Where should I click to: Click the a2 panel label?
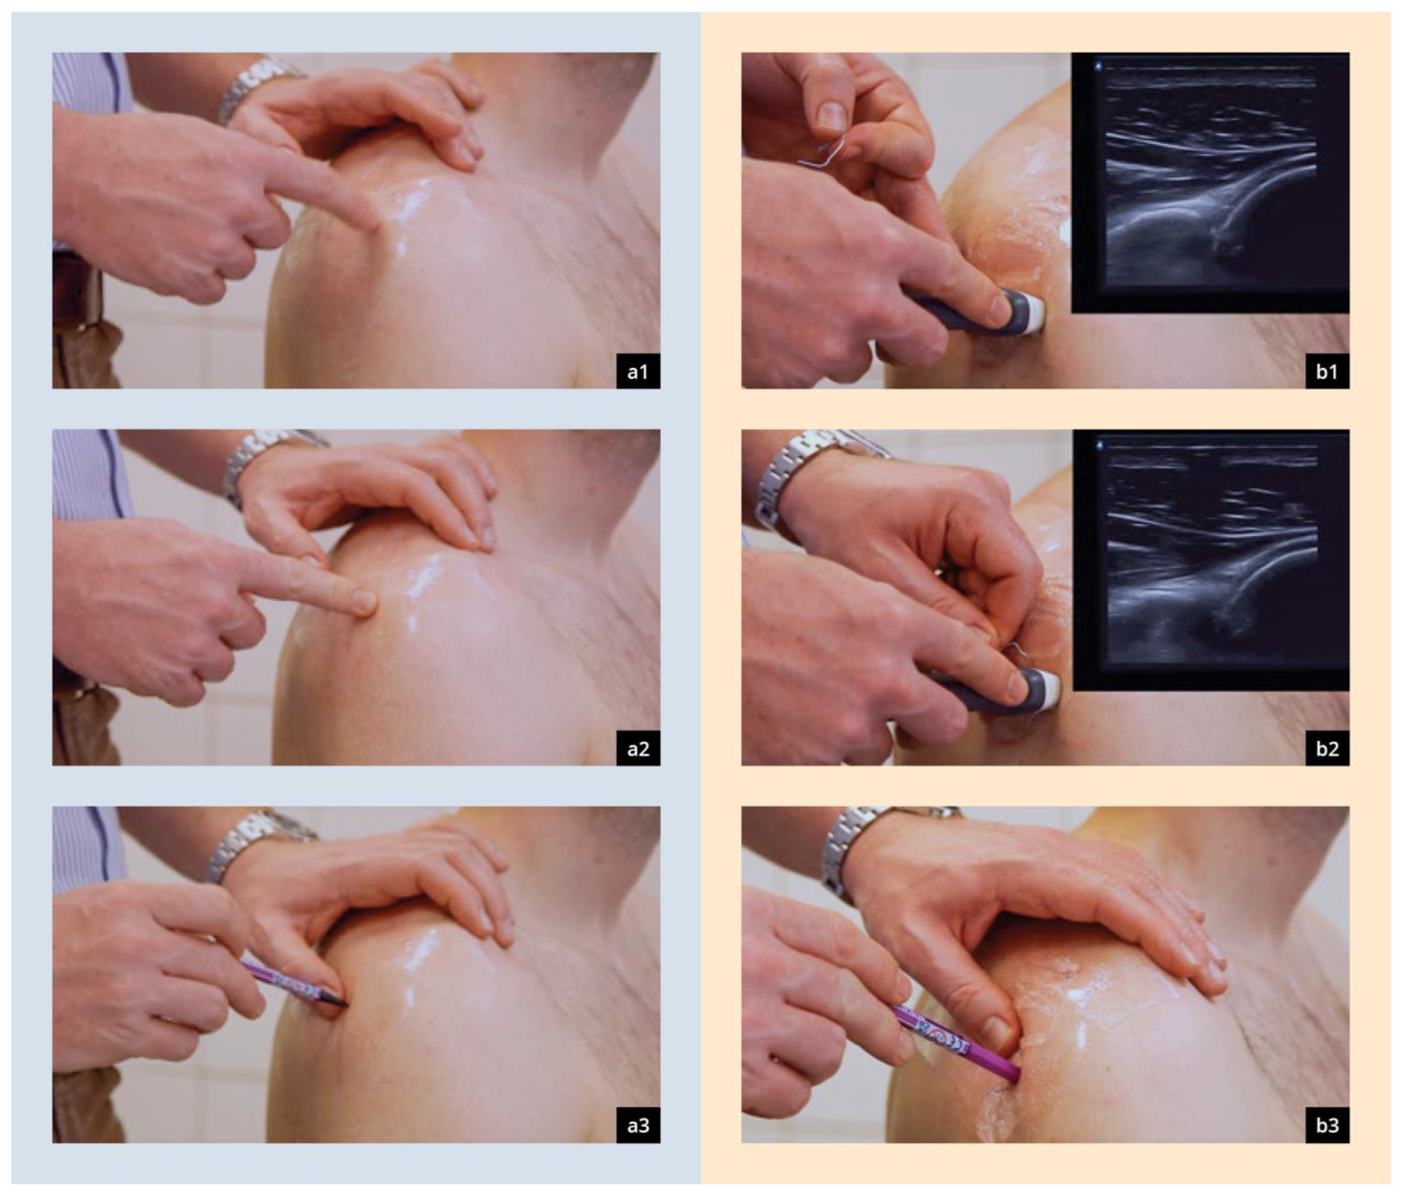(638, 748)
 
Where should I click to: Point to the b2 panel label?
(1327, 748)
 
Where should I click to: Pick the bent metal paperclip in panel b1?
(825, 156)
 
